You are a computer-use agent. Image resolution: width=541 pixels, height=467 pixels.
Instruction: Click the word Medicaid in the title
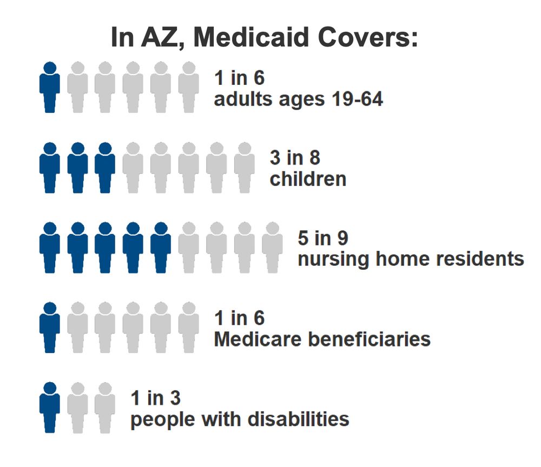pos(254,38)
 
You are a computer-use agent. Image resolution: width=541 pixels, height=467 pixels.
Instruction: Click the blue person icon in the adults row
pos(50,87)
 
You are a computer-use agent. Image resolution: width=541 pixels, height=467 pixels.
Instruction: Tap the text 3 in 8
pos(295,158)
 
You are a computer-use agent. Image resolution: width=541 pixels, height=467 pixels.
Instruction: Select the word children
pos(308,179)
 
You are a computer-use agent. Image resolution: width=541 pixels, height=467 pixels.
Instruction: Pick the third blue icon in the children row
pos(105,168)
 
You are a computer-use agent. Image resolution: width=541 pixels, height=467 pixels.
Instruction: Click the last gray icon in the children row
pos(245,168)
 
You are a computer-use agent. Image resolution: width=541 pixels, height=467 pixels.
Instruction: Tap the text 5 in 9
pos(322,238)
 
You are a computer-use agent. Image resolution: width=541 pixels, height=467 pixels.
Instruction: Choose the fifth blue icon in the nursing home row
pos(161,247)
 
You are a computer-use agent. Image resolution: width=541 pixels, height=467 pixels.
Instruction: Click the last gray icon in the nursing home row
pos(272,247)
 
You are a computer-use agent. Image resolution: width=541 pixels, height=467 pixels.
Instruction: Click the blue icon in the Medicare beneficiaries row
pos(50,327)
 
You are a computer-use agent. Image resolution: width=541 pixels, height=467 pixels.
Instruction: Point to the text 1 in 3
pos(155,398)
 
